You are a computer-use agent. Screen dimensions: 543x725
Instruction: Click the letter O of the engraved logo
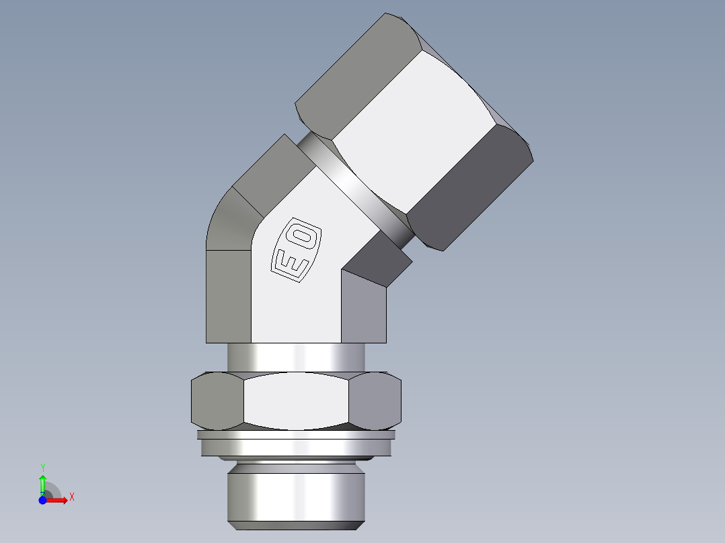point(303,235)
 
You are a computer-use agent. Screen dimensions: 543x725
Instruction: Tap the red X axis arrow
point(59,500)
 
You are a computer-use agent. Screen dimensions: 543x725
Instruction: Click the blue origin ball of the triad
point(42,500)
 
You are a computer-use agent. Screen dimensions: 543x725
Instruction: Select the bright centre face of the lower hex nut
point(296,401)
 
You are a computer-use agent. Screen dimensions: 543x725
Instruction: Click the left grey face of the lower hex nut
point(217,401)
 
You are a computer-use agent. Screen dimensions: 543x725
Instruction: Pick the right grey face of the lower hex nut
point(375,401)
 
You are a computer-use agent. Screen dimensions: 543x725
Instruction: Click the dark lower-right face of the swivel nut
point(471,188)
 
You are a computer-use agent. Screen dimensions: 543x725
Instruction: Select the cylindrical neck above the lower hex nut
point(296,356)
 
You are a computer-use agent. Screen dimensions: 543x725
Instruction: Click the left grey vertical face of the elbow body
point(228,296)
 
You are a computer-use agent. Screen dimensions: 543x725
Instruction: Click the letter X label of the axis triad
point(71,497)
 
